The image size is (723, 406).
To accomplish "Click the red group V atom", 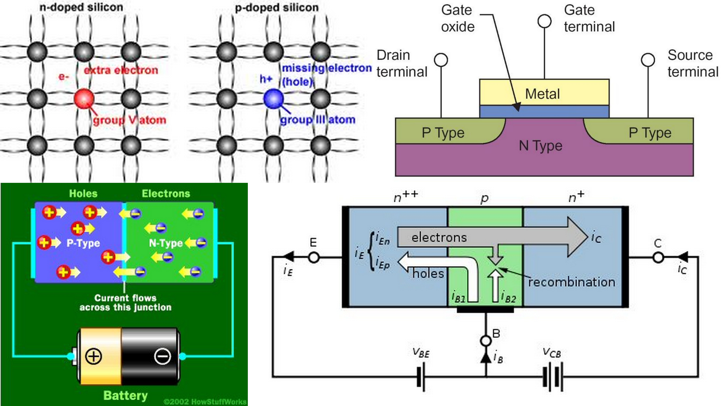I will [84, 98].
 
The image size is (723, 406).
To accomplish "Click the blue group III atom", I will [273, 98].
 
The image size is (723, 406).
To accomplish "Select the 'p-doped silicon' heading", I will [277, 8].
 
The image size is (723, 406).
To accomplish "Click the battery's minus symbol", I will [162, 356].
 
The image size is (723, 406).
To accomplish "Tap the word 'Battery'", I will [125, 395].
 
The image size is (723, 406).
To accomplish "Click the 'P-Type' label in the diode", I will [83, 243].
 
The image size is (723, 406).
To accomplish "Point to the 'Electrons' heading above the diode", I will [166, 194].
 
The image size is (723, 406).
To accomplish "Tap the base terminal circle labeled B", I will [486, 341].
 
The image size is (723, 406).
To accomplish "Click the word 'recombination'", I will [571, 282].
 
